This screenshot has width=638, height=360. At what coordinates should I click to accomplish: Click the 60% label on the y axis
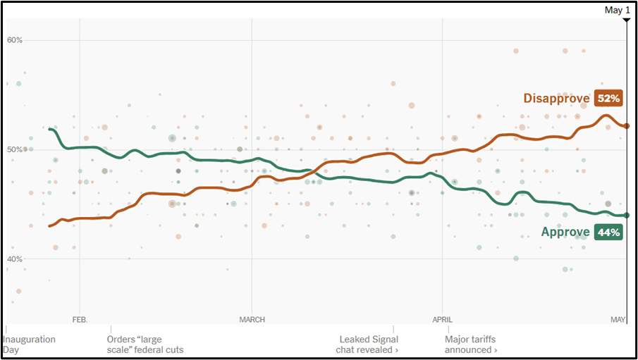tap(15, 40)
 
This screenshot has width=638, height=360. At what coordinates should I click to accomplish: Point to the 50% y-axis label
tap(15, 149)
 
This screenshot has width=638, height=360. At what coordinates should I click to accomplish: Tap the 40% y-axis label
tap(15, 259)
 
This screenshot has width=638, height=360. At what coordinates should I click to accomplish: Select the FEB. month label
tap(80, 320)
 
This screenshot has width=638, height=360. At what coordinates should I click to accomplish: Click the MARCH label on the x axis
tap(252, 320)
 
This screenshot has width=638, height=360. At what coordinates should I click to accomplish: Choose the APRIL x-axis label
tap(443, 320)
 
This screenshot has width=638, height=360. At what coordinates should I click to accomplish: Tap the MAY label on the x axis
tap(618, 320)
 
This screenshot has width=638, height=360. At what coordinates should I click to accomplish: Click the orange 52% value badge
tap(608, 99)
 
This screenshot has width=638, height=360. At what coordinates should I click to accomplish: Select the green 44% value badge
tap(608, 232)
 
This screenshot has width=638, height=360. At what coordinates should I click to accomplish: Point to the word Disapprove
tap(556, 99)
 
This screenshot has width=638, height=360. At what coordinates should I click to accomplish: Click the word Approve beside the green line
tap(565, 232)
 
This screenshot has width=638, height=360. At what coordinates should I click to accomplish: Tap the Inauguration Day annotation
tap(29, 345)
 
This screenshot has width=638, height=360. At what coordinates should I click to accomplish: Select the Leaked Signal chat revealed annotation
tap(368, 345)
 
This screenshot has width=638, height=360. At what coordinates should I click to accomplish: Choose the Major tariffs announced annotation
tap(470, 345)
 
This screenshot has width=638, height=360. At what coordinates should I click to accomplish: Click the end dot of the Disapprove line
tap(627, 125)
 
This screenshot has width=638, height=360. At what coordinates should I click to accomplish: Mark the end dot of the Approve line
tap(627, 215)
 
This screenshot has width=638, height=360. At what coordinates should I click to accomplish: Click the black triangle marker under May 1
tap(626, 20)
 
